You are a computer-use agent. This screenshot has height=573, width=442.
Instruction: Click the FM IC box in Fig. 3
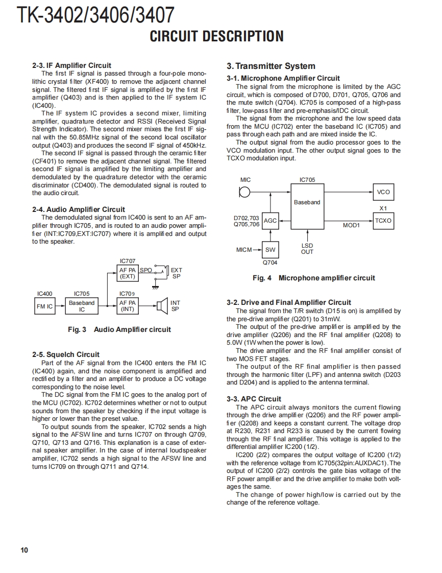44,306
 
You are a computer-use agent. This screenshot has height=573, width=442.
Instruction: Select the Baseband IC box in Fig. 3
82,306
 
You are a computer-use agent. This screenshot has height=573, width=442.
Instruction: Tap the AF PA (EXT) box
127,273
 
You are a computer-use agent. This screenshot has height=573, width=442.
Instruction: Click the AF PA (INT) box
127,306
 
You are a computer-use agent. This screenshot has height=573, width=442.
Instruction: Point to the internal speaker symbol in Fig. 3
162,306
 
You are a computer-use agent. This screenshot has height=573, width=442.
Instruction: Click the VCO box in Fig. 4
383,192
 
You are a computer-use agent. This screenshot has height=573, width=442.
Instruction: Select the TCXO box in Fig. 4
383,221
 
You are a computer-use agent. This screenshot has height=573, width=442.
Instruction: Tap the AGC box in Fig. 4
270,221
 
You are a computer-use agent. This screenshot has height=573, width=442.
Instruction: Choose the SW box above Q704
270,250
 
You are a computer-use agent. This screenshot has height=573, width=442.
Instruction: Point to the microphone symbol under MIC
245,193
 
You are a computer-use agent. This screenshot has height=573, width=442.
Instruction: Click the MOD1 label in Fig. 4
351,225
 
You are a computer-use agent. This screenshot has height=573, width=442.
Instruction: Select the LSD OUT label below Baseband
307,249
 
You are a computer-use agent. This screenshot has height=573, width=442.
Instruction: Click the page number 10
24,550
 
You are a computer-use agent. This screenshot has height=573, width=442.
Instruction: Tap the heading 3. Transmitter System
271,66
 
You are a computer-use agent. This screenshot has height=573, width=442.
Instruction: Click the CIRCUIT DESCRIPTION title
216,36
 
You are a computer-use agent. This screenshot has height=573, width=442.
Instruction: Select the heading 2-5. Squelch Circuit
66,354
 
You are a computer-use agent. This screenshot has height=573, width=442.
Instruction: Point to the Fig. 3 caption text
119,329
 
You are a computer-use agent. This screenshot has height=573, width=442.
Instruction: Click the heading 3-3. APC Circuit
254,399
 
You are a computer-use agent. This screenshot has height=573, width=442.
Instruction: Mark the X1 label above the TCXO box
383,208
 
